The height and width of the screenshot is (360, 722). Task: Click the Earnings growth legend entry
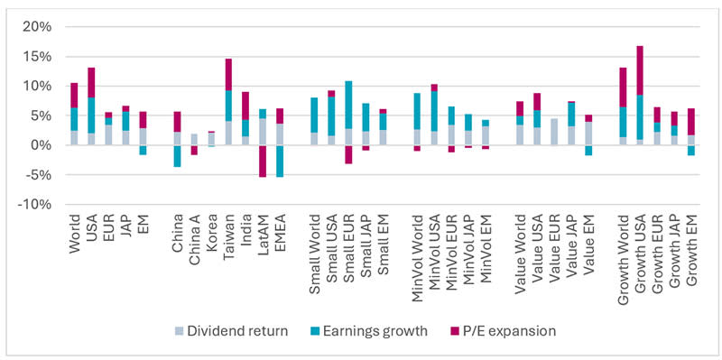tap(370, 330)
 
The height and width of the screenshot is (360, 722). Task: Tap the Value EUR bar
tap(554, 132)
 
